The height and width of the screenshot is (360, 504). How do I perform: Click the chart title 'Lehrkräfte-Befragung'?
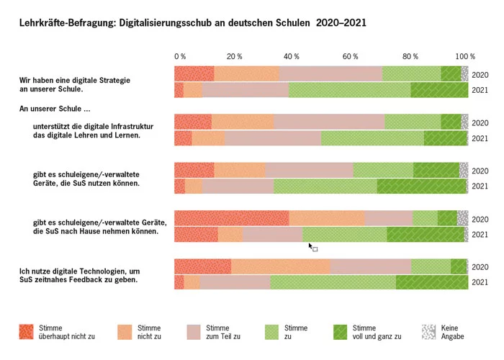[66, 23]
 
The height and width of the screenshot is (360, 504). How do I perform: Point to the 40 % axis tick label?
[291, 56]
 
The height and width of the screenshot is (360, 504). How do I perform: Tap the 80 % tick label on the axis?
[410, 56]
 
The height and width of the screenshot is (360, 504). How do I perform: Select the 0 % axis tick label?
[180, 56]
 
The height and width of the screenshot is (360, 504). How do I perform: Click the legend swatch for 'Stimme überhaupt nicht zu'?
[26, 331]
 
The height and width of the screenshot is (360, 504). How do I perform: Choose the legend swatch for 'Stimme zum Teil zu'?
[193, 331]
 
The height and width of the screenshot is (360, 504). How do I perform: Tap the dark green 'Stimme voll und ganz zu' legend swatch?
[342, 331]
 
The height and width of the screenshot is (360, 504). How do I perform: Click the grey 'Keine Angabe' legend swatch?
[428, 331]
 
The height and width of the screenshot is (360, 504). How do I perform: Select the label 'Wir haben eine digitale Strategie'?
[75, 80]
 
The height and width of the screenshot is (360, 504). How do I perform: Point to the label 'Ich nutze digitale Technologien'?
[79, 271]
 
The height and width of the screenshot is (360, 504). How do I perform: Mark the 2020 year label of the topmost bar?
[480, 75]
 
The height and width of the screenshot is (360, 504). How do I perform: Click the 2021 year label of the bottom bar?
[480, 283]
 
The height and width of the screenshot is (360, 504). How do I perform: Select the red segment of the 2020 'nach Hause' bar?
[231, 219]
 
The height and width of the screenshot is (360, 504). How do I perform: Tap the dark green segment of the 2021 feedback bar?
[431, 282]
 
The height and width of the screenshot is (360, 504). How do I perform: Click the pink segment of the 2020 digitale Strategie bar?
[330, 74]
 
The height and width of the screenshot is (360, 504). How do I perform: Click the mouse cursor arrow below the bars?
[310, 246]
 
